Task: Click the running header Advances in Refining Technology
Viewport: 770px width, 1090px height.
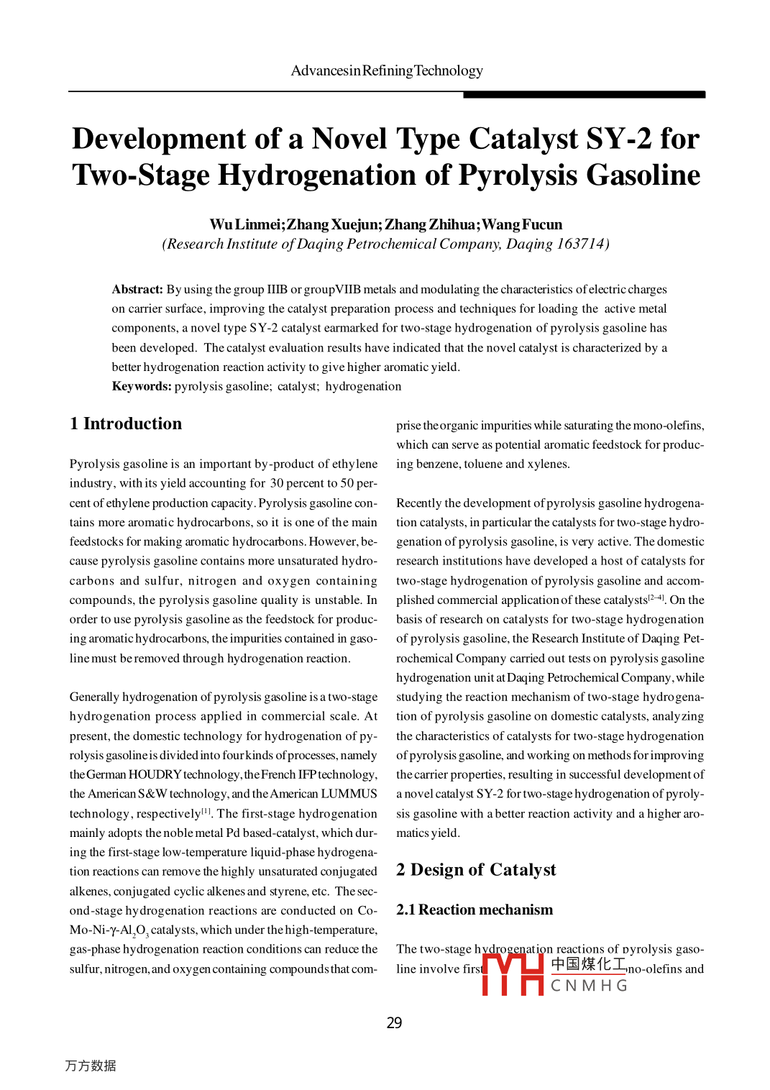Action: (x=387, y=70)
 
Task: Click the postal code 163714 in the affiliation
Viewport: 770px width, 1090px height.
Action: (x=580, y=244)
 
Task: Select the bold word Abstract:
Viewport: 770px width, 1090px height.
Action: (x=137, y=289)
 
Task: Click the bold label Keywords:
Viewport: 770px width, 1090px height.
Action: (x=142, y=386)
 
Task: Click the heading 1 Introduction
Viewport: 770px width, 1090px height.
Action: (x=126, y=423)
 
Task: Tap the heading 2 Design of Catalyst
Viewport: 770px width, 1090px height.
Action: (x=476, y=870)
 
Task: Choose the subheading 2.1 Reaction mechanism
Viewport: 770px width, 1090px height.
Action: (x=475, y=910)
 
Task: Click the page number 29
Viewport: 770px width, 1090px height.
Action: (x=394, y=1022)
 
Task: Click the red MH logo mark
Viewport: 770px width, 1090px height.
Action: (x=513, y=974)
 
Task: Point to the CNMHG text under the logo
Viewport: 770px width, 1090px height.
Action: (x=589, y=986)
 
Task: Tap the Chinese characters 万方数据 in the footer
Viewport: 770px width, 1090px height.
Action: (x=91, y=1066)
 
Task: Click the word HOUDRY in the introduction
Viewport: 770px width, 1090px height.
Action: (x=155, y=774)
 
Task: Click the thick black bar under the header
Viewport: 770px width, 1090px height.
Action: (x=584, y=94)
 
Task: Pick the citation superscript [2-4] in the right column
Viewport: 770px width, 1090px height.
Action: (x=656, y=597)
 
